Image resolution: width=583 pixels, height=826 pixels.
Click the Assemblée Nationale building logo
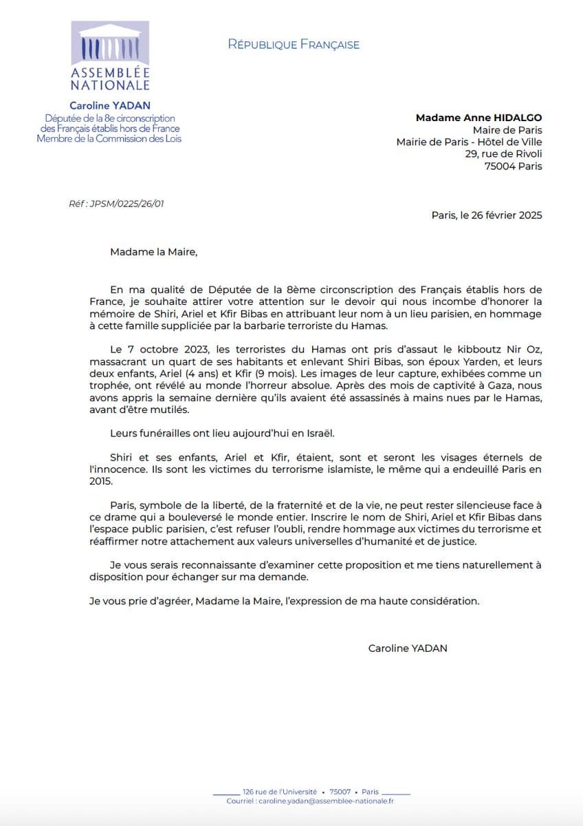coord(110,43)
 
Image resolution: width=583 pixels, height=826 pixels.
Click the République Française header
coord(294,45)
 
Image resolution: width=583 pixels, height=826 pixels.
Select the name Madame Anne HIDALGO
coord(478,118)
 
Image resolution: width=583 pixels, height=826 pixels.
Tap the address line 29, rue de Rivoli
coord(503,154)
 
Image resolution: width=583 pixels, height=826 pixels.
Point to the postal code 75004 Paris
coord(513,166)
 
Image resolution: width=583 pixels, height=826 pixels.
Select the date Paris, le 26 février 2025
coord(487,215)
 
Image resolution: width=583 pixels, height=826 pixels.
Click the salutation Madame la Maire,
coord(153,252)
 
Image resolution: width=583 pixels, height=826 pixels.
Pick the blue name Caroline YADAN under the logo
coord(109,106)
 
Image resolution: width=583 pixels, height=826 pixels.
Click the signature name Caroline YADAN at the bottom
coord(408,648)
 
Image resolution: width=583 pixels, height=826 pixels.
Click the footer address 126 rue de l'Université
coord(280,792)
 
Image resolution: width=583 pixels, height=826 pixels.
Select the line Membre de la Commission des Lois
coord(109,138)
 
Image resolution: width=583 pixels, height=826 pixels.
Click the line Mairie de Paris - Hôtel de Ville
coord(469,142)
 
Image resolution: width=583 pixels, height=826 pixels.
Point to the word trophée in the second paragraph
coord(109,385)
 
